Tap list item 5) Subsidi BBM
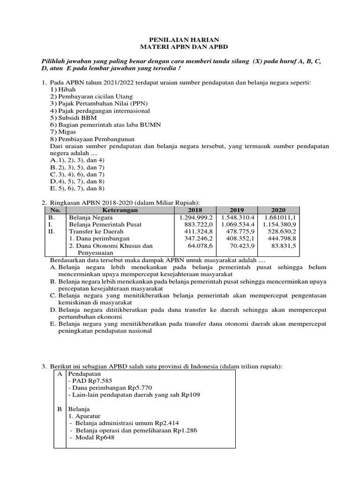69,118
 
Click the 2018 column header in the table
196,210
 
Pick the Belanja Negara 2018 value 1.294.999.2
196,217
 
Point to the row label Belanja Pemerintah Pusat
105,225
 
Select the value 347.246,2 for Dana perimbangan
197,238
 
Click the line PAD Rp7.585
90,381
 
